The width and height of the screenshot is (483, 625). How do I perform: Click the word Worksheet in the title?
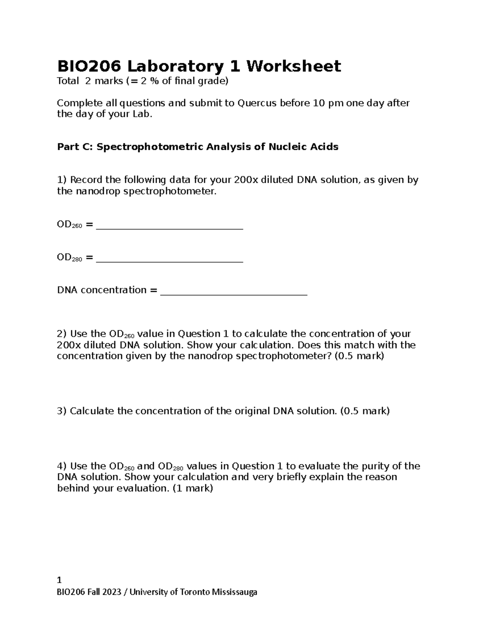(x=293, y=66)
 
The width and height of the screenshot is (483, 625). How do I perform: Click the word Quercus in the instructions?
(x=257, y=103)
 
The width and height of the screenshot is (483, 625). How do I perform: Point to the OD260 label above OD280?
(x=69, y=225)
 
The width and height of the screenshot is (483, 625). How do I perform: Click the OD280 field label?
(x=69, y=258)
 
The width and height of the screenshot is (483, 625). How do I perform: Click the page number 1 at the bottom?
(x=60, y=580)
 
